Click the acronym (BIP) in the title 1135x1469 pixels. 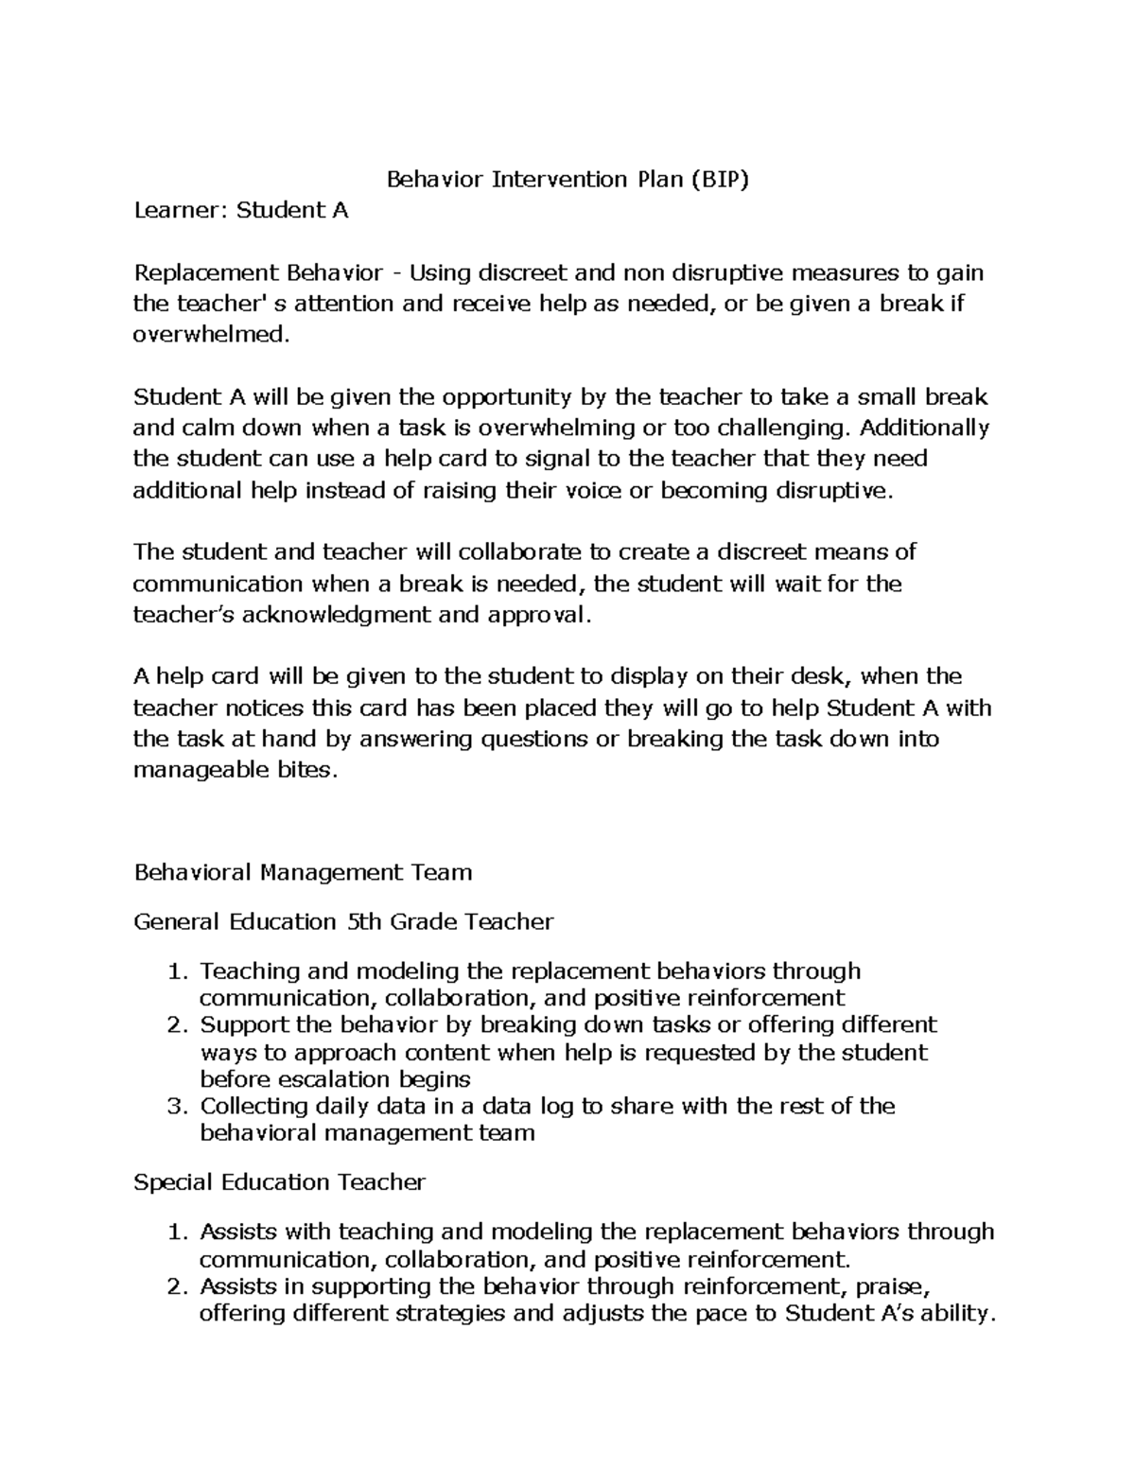(x=718, y=180)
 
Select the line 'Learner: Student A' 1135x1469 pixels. (x=241, y=210)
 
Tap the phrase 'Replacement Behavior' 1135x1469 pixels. (x=258, y=273)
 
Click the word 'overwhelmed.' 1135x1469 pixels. (x=209, y=335)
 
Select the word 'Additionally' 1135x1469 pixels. (x=923, y=428)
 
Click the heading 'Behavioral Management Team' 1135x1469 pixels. (x=303, y=872)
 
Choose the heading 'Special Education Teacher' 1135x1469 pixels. (x=280, y=1182)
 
